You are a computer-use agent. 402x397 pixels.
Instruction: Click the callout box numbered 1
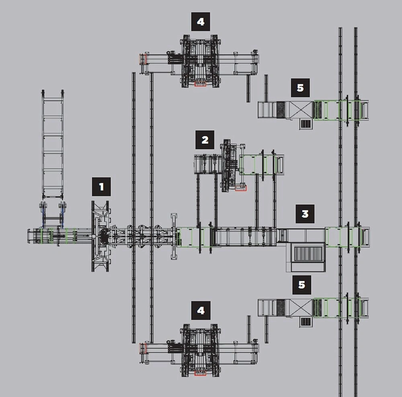(101, 187)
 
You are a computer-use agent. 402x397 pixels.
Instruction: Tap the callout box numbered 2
(205, 140)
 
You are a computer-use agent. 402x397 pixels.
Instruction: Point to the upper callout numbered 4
(200, 22)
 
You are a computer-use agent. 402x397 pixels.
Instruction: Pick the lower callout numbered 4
(200, 310)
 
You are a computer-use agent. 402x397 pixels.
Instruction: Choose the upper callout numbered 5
(301, 88)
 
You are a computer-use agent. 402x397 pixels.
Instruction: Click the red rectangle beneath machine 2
(241, 189)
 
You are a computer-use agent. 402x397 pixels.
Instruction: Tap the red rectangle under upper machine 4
(200, 84)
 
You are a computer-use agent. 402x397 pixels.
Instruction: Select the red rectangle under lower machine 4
(200, 372)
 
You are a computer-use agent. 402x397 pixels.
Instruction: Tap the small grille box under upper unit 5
(305, 124)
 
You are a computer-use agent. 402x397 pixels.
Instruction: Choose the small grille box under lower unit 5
(305, 322)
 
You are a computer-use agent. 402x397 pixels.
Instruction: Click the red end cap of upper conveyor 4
(143, 59)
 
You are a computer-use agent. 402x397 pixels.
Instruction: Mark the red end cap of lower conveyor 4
(143, 348)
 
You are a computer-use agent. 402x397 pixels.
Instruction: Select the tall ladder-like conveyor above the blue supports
(52, 145)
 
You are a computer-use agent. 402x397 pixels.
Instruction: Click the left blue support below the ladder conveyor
(44, 212)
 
